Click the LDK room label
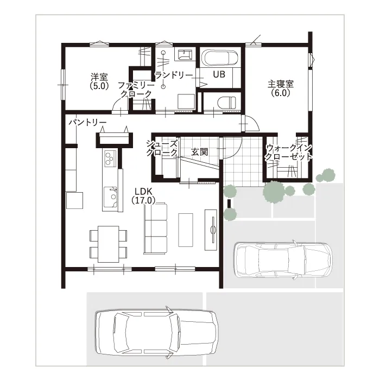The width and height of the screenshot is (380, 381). coord(143,192)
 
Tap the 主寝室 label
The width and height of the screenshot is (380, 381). coord(281,84)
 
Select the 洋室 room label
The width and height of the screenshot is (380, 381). coord(99,77)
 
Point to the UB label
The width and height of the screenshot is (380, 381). coord(219,74)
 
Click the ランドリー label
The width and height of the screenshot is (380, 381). coord(174,75)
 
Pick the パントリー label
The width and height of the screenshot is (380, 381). coord(87,122)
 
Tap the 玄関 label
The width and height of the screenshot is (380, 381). coord(199,152)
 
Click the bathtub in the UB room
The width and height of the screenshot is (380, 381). coord(220,58)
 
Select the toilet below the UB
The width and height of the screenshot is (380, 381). coord(226,102)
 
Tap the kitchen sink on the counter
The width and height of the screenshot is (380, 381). coord(111,197)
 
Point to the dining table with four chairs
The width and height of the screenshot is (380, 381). coord(109,244)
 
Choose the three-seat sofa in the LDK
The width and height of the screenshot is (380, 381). coord(155,228)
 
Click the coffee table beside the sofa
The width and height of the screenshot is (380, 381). coord(186,230)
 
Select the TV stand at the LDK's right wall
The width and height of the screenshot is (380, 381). coord(211,230)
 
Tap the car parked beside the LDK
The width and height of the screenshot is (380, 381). coord(283,260)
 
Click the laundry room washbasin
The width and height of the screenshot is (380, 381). coord(185,54)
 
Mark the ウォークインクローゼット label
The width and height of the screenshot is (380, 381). coord(289,152)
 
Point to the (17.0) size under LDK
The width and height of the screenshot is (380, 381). coord(143,200)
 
